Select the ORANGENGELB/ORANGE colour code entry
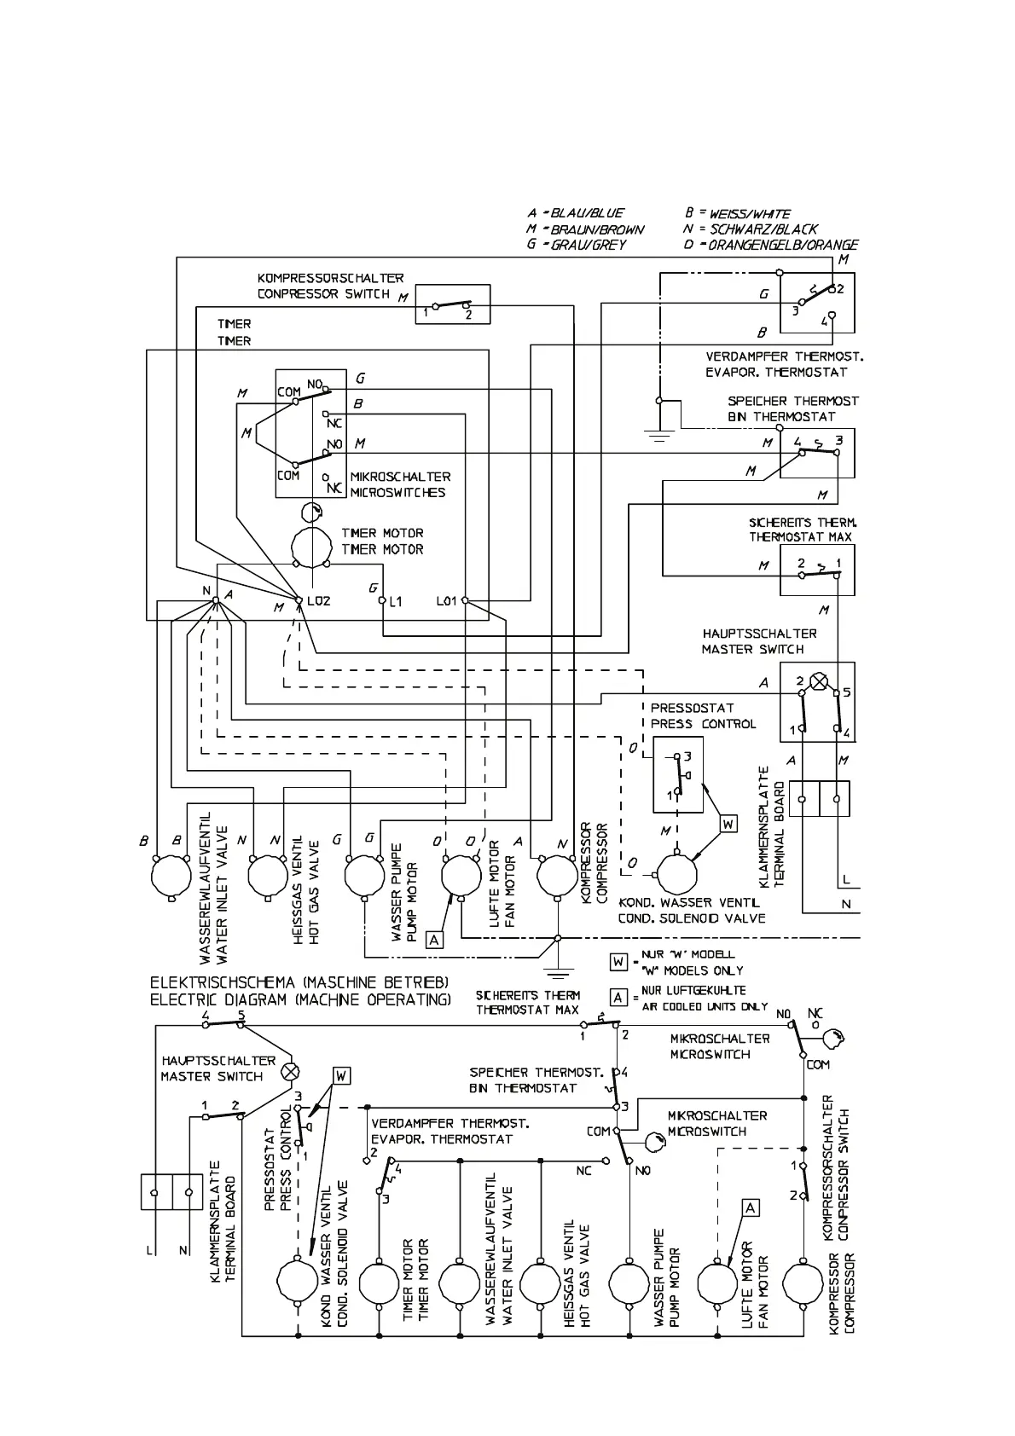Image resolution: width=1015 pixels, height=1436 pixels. coord(771,245)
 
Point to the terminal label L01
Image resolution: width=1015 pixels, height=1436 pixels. coord(447,601)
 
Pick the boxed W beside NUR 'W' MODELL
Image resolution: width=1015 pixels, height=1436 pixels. coord(619,962)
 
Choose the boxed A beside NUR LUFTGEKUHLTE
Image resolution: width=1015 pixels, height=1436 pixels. coord(619,998)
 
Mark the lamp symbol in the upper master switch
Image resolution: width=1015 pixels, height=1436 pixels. coord(819,680)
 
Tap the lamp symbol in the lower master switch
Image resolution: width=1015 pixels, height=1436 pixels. coord(292,1070)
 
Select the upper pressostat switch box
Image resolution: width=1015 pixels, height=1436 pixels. coord(678,774)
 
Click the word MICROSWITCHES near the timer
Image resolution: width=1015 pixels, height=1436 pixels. coord(397,493)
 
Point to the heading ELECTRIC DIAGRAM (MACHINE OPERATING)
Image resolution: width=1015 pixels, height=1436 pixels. coord(300,999)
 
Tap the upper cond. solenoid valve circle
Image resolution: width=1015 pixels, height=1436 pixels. coord(676,875)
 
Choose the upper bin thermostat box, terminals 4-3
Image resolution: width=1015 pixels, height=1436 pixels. coord(817,453)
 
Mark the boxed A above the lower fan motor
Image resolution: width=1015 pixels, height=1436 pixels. coord(751,1207)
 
